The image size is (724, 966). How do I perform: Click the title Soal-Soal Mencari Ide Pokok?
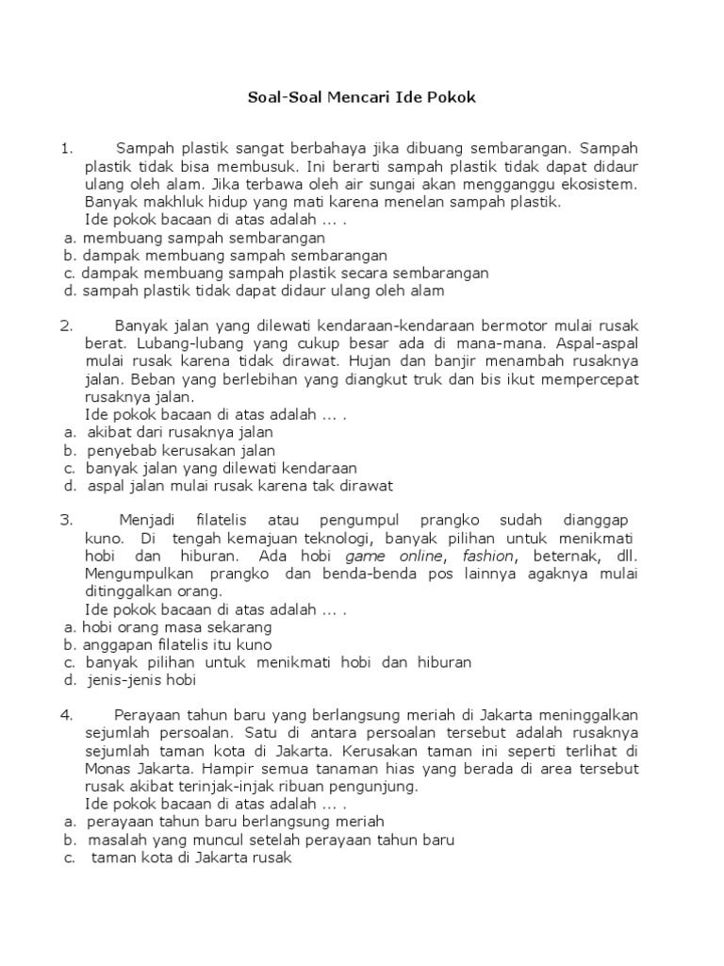tap(362, 97)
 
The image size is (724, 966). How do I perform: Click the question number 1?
tap(65, 148)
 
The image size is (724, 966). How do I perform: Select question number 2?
tap(65, 325)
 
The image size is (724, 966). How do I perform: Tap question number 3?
tap(65, 520)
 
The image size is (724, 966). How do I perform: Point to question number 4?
tap(65, 714)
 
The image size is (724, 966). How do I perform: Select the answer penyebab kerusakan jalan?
tap(181, 450)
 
